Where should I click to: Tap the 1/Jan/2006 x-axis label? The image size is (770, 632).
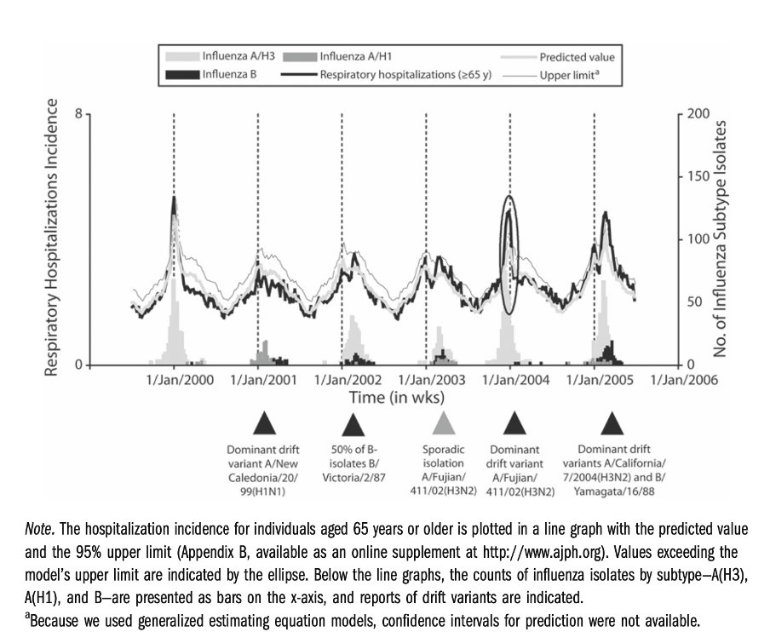coord(684,380)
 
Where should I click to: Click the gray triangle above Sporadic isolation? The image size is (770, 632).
coord(442,424)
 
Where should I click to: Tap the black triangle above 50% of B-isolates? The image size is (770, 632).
coord(353,424)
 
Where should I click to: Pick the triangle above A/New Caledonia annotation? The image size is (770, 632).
coord(265,424)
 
